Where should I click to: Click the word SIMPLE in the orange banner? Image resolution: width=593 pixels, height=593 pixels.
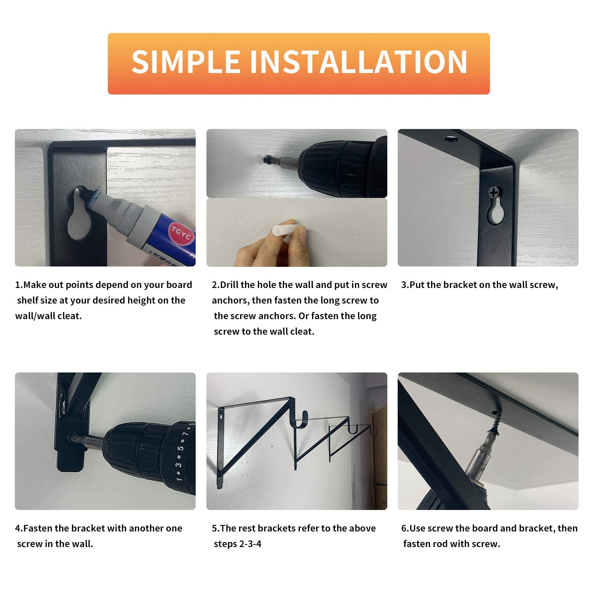coord(185,62)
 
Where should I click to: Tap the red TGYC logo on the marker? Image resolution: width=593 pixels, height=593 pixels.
coord(181,232)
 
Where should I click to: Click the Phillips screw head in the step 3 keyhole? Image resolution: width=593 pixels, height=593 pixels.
coord(494,192)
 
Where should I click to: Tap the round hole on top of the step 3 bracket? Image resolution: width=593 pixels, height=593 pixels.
coord(451,139)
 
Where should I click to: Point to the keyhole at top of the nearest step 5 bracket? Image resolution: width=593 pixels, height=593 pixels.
coord(221,416)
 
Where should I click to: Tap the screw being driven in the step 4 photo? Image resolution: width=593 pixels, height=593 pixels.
coord(71,437)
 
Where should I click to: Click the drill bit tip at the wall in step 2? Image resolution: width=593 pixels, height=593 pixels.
coord(264,160)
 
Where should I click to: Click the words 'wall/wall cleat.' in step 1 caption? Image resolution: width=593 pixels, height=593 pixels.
coord(49,316)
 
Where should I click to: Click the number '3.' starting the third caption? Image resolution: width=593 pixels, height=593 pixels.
coord(405,285)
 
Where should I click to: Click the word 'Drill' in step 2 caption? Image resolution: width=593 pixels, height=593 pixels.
coord(229,285)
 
